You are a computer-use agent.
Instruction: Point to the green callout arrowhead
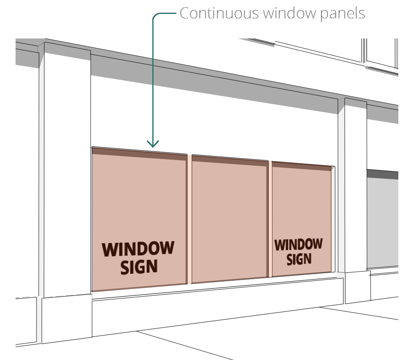[x=153, y=144]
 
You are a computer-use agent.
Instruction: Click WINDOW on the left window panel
[x=138, y=249]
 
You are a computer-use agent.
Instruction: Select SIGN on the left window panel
[x=139, y=267]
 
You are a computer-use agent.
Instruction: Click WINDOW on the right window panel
[x=298, y=245]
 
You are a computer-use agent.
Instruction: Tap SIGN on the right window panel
[x=299, y=259]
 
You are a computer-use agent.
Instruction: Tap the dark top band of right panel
[x=301, y=166]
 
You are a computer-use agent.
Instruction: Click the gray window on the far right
[x=383, y=223]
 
